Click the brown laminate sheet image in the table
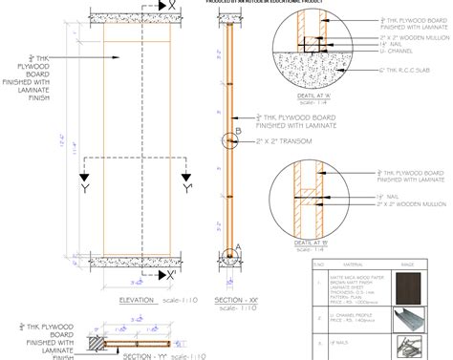[x=414, y=286]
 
